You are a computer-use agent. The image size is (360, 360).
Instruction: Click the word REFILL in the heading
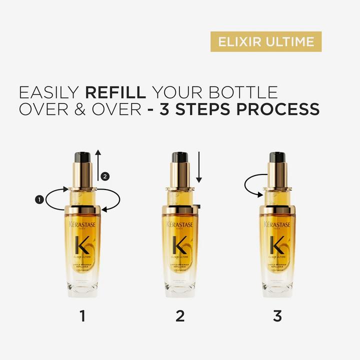[x=116, y=92]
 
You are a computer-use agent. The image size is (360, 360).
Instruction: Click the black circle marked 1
[x=39, y=199]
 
